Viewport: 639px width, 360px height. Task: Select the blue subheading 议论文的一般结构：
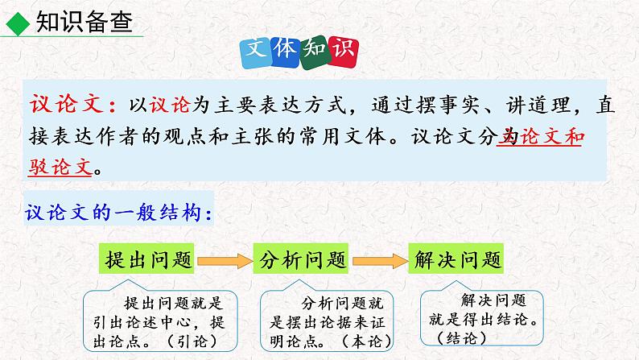pyautogui.click(x=119, y=213)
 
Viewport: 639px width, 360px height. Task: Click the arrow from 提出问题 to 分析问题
pyautogui.click(x=225, y=260)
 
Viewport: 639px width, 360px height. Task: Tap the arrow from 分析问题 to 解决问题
pyautogui.click(x=379, y=260)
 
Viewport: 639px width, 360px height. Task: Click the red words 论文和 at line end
pyautogui.click(x=547, y=138)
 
